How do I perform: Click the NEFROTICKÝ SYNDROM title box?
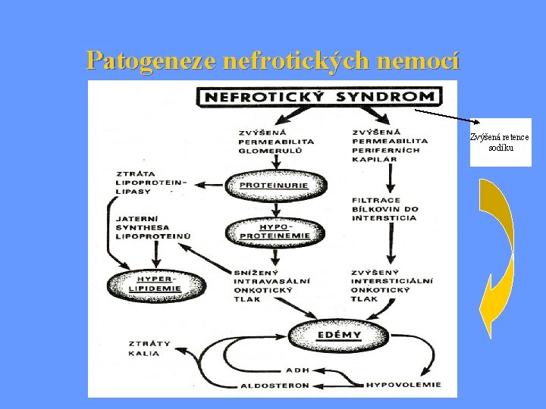pyautogui.click(x=319, y=96)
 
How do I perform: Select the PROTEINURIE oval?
pyautogui.click(x=276, y=186)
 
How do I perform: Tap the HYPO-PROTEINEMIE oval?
pyautogui.click(x=275, y=232)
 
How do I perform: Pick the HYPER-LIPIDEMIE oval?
pyautogui.click(x=156, y=285)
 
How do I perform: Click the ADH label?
pyautogui.click(x=298, y=370)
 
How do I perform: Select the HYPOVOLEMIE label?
pyautogui.click(x=403, y=385)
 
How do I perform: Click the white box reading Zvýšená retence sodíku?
pyautogui.click(x=500, y=142)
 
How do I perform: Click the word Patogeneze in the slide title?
pyautogui.click(x=152, y=61)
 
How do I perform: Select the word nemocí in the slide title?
pyautogui.click(x=418, y=61)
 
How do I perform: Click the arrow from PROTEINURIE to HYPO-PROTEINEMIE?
pyautogui.click(x=276, y=210)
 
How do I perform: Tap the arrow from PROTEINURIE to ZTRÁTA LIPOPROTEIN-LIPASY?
pyautogui.click(x=209, y=185)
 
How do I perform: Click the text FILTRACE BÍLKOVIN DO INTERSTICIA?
pyautogui.click(x=384, y=209)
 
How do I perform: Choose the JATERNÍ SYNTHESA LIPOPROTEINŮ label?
pyautogui.click(x=153, y=227)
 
